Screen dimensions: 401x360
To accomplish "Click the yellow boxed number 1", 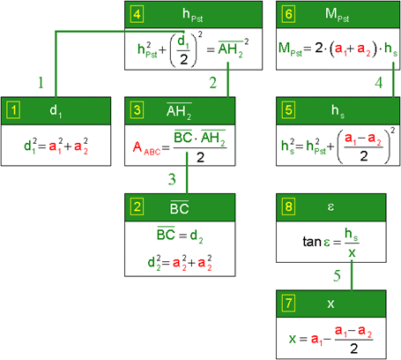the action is (x=13, y=110).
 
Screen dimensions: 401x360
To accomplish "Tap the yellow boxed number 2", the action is (x=137, y=206).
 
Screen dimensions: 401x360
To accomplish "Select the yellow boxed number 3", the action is (x=137, y=110).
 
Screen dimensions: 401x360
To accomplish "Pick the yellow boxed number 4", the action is (x=137, y=14).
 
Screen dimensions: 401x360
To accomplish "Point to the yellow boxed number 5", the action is (x=288, y=110).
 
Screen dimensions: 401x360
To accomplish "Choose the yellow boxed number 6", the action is (x=288, y=14).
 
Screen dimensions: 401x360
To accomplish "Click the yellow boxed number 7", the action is (x=288, y=304).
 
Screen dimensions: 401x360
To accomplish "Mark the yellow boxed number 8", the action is (x=288, y=206).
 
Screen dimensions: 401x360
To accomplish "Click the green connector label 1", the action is (x=41, y=83).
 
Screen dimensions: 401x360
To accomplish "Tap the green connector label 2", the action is (x=213, y=83).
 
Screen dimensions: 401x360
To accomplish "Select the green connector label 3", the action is (x=172, y=179).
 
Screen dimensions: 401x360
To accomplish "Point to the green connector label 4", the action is (x=379, y=83).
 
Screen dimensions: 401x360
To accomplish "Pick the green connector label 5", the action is (x=337, y=275).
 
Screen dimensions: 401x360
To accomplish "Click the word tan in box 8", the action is (x=312, y=242).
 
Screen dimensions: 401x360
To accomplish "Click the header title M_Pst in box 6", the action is (x=337, y=15).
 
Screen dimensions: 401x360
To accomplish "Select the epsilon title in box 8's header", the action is (x=330, y=207).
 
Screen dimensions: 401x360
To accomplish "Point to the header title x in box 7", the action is (x=330, y=304).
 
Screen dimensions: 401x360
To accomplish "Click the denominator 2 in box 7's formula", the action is (x=354, y=349).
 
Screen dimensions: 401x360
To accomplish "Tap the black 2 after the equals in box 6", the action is (x=319, y=48).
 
